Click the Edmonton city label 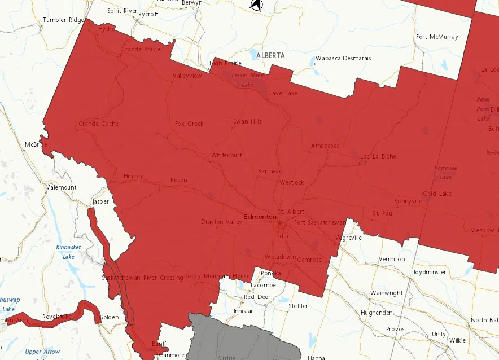260,217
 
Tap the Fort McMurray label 437,37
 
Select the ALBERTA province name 270,56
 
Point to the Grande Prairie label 141,50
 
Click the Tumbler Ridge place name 63,20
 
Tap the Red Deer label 257,297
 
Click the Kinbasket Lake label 68,252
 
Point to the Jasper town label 100,201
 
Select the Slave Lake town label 282,93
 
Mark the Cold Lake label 437,194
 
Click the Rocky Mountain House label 217,276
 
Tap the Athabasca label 325,146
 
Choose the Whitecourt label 226,155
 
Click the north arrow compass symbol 256,5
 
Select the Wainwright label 387,293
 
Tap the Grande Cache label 98,124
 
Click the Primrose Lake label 445,173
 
